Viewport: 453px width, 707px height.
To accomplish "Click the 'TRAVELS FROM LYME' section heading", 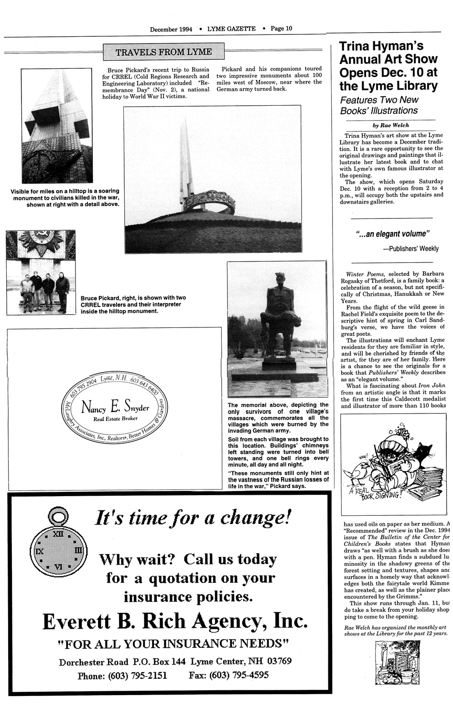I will click(x=164, y=52).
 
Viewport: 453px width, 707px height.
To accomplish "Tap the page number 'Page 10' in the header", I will click(x=281, y=28).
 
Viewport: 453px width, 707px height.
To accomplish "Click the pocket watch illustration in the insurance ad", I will click(x=58, y=549).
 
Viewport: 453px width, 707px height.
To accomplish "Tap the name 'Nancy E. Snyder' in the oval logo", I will click(x=115, y=407).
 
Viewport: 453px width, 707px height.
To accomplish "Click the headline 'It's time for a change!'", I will click(x=193, y=518).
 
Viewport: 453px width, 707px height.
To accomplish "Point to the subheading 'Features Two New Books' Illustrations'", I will click(x=379, y=105).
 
